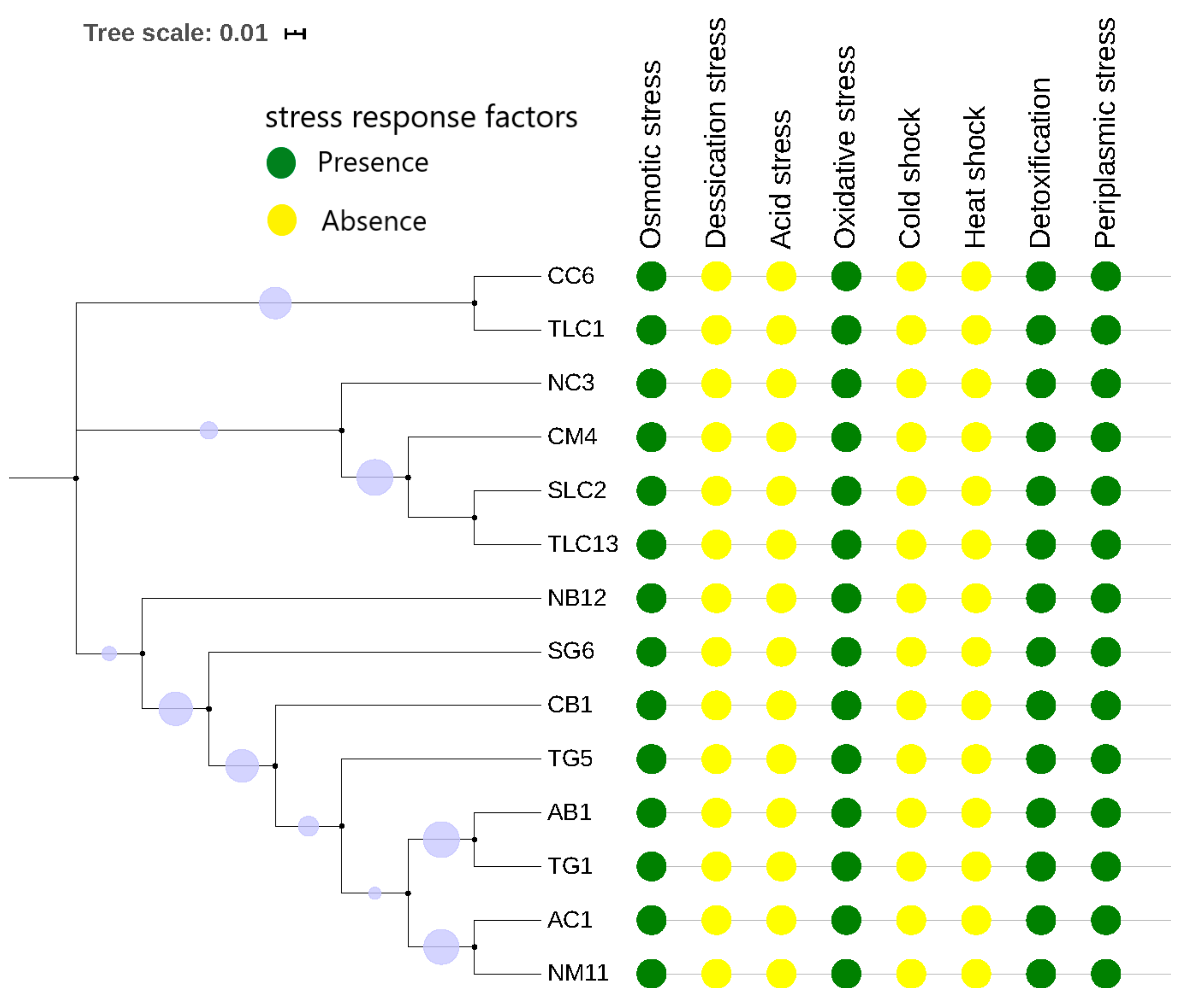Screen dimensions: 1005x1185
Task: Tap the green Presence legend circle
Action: coord(281,163)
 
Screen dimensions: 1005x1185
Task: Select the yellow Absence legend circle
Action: coord(281,220)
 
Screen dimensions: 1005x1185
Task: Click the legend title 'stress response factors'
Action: coord(421,117)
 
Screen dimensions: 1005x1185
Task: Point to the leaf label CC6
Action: coord(570,276)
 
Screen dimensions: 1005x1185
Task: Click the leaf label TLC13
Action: coord(582,544)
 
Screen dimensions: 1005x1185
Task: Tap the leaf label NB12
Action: coord(576,598)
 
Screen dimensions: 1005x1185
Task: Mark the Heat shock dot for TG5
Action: coord(976,759)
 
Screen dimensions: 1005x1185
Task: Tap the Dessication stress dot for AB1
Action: coord(716,813)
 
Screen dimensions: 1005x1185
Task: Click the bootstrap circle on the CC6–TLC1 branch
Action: coord(275,303)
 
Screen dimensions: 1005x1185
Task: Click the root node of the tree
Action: coord(76,478)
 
